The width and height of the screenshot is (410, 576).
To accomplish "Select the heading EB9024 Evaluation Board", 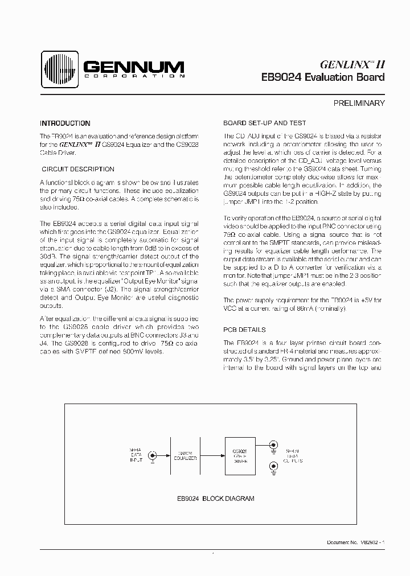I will (x=323, y=77).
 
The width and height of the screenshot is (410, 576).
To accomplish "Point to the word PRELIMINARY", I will (x=359, y=104).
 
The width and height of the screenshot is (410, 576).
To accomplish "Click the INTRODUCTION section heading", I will (x=65, y=123).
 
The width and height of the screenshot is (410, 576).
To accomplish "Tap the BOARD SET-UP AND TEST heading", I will (x=264, y=123).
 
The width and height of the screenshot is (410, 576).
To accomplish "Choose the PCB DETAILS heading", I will (x=244, y=330).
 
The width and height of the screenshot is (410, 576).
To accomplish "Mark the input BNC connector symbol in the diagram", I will (x=153, y=456).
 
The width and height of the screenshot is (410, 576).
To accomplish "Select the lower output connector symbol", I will (x=274, y=467).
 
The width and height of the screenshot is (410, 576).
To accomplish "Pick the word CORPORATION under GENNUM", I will (x=134, y=76).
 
